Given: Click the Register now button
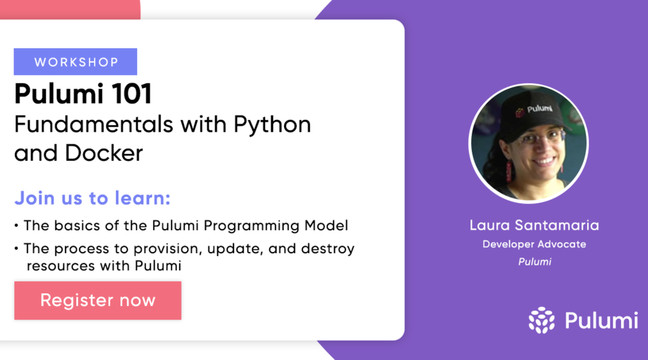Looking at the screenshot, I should [98, 301].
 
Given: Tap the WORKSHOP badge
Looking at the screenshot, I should [76, 62].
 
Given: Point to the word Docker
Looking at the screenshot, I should [104, 153].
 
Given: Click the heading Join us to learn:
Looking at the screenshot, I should [92, 199].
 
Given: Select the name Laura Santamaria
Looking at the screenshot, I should [534, 225].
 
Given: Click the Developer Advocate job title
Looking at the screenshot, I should [534, 244].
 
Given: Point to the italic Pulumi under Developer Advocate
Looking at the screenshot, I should [534, 261].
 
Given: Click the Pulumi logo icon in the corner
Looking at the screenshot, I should [541, 320].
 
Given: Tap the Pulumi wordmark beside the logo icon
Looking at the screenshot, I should [601, 320].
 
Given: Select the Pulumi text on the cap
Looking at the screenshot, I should [540, 108].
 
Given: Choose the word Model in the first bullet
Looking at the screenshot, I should [329, 226].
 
